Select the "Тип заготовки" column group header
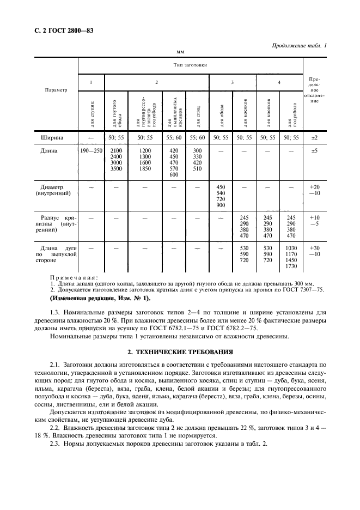(190, 65)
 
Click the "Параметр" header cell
(56, 90)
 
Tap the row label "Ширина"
(52, 138)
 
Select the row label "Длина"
(50, 150)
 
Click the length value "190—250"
(91, 150)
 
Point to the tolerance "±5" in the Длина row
(314, 150)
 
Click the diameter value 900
(221, 205)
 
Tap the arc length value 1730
(290, 265)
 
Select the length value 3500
(117, 169)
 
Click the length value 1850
(144, 169)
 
